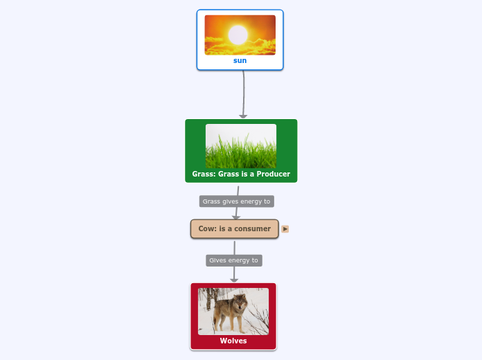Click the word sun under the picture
coord(240,61)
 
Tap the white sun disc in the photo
coord(238,34)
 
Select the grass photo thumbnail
coord(241,145)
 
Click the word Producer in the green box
coord(272,174)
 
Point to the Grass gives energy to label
coord(236,201)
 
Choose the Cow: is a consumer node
coord(234,228)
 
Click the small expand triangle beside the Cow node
coord(285,228)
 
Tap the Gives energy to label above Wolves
coord(233,260)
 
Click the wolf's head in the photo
coord(239,302)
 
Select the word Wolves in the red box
coord(233,341)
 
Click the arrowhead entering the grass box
coord(243,116)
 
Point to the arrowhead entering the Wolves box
coord(234,280)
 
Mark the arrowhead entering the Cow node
coord(236,217)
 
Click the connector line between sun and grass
coord(244,90)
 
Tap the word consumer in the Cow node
coord(252,228)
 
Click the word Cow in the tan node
coord(206,228)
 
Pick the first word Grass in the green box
coord(204,174)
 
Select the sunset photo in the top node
coord(240,35)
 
